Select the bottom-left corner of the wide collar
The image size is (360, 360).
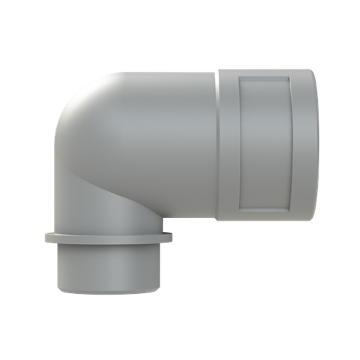(218, 219)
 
